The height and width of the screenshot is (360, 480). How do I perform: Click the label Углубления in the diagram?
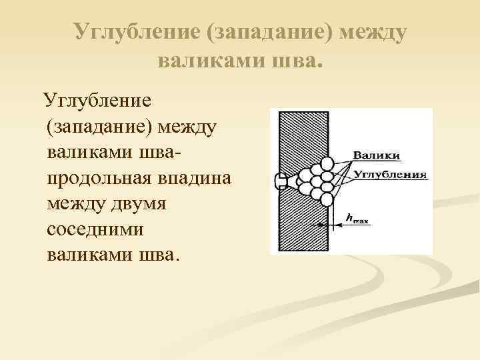[x=389, y=175]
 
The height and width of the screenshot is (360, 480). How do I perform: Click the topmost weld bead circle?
[x=327, y=162]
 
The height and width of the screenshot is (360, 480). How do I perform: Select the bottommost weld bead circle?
[x=327, y=199]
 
